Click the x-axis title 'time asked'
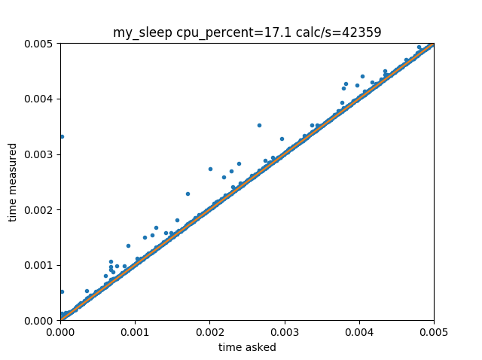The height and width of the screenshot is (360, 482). click(247, 347)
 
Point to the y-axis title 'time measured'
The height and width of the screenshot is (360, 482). click(12, 182)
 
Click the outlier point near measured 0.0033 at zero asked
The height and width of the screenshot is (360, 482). click(61, 136)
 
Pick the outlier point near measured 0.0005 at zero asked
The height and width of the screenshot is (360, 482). click(61, 291)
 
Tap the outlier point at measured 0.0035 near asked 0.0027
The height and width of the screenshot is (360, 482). click(259, 125)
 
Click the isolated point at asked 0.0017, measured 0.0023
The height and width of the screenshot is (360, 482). click(188, 194)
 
